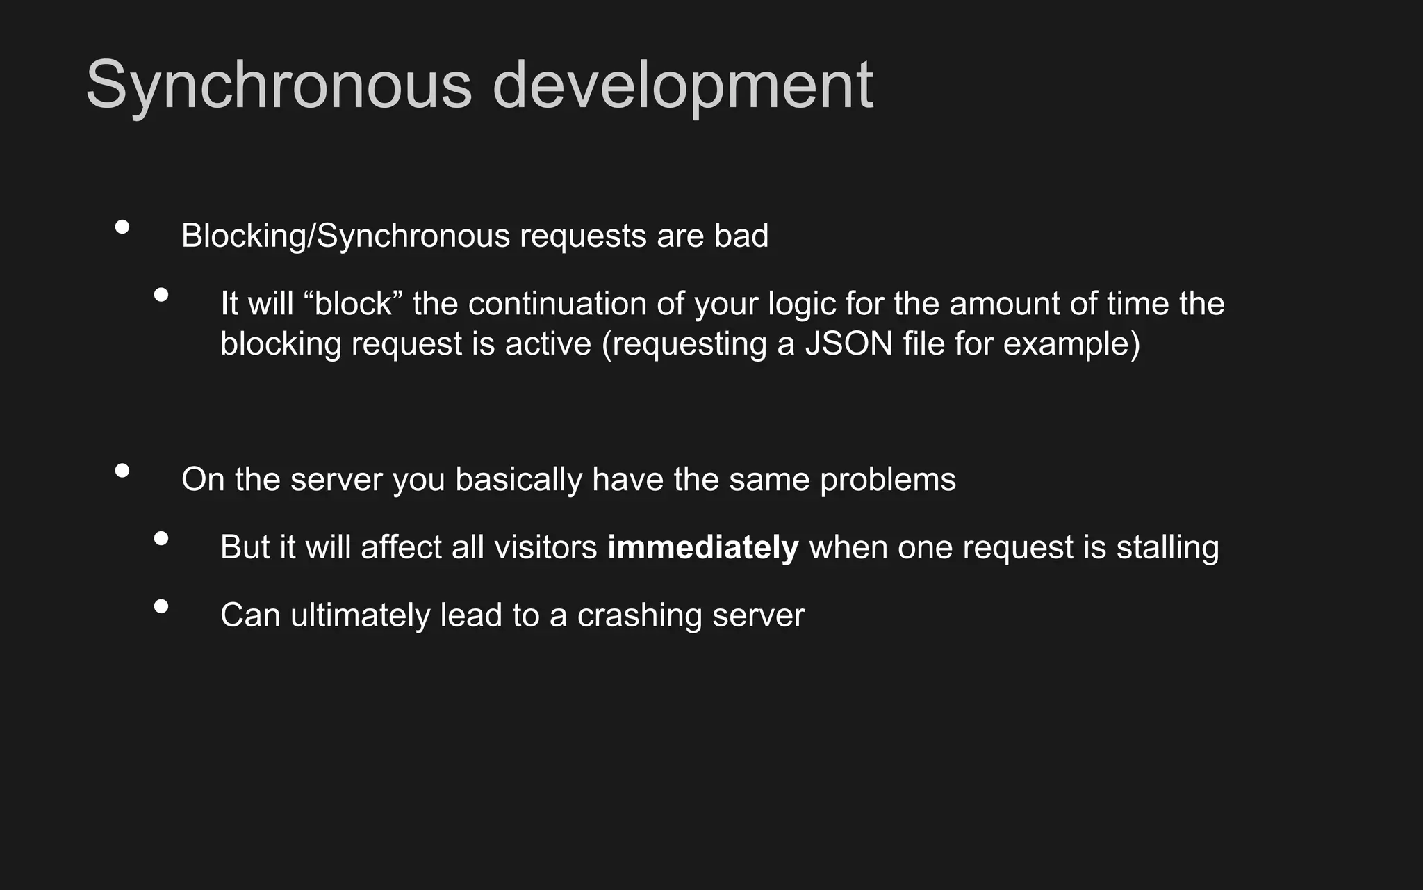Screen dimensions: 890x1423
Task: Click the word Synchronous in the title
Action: (279, 86)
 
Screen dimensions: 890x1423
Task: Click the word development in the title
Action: (682, 86)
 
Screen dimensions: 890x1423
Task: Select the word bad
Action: (741, 236)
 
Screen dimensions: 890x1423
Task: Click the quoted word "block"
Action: (353, 304)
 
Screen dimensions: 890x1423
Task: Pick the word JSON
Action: (848, 344)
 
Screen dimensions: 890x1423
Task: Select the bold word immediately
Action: (702, 548)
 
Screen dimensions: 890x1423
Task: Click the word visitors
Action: (545, 548)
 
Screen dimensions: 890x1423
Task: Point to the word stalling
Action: (1167, 548)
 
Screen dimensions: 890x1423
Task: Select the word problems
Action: (887, 480)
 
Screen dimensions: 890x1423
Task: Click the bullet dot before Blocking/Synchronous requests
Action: (122, 227)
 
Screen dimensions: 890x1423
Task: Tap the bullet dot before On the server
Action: (122, 471)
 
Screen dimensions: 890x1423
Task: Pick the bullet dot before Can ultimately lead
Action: (161, 606)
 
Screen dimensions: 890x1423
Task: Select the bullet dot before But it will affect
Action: (161, 538)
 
